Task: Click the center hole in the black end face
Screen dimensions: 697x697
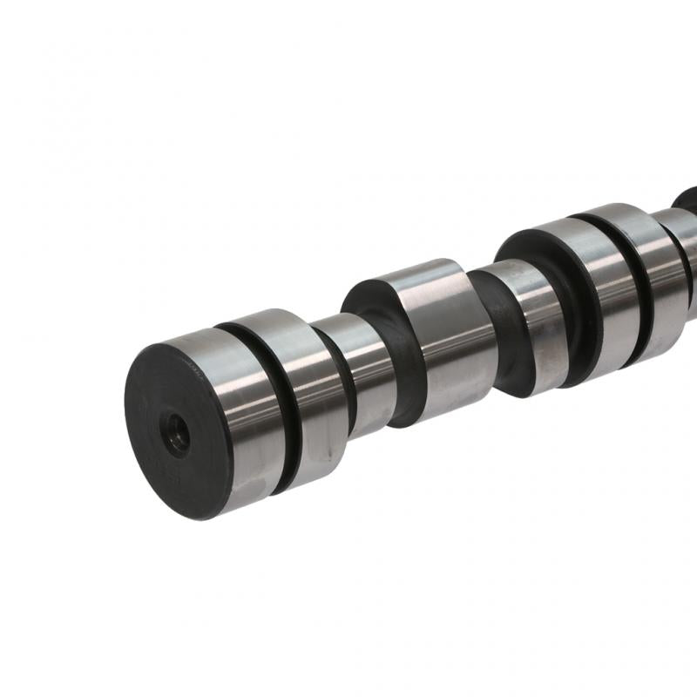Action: point(179,433)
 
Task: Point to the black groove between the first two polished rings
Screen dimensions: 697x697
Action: point(277,409)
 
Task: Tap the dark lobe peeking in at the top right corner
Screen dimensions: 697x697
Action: point(686,199)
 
